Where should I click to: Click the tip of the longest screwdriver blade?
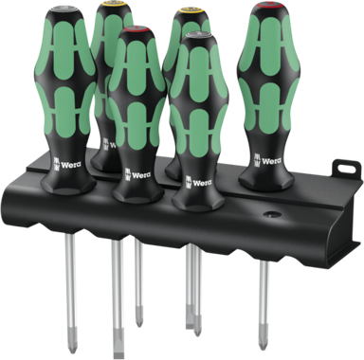118,345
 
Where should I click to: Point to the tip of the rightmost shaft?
264,321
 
